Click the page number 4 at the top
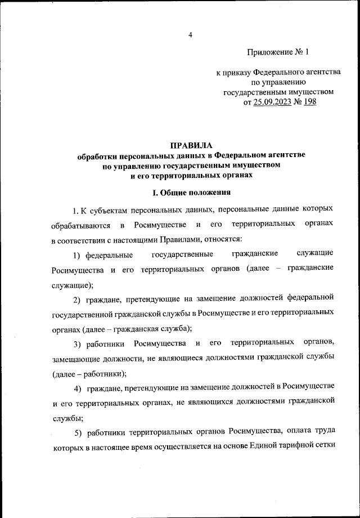pyautogui.click(x=190, y=35)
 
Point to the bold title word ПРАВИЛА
pyautogui.click(x=191, y=145)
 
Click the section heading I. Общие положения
pyautogui.click(x=191, y=193)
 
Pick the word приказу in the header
pyautogui.click(x=236, y=73)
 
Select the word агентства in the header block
pyautogui.click(x=314, y=73)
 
